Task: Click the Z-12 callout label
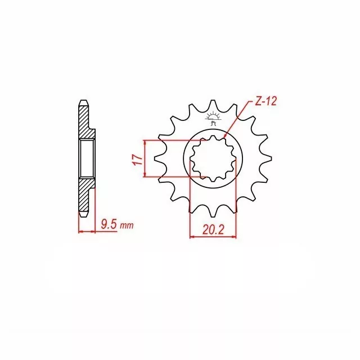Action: [265, 101]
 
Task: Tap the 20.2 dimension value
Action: [213, 229]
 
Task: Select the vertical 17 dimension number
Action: [138, 159]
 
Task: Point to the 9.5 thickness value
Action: [109, 224]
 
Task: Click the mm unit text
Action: [127, 226]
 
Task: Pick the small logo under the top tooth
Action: [213, 119]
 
